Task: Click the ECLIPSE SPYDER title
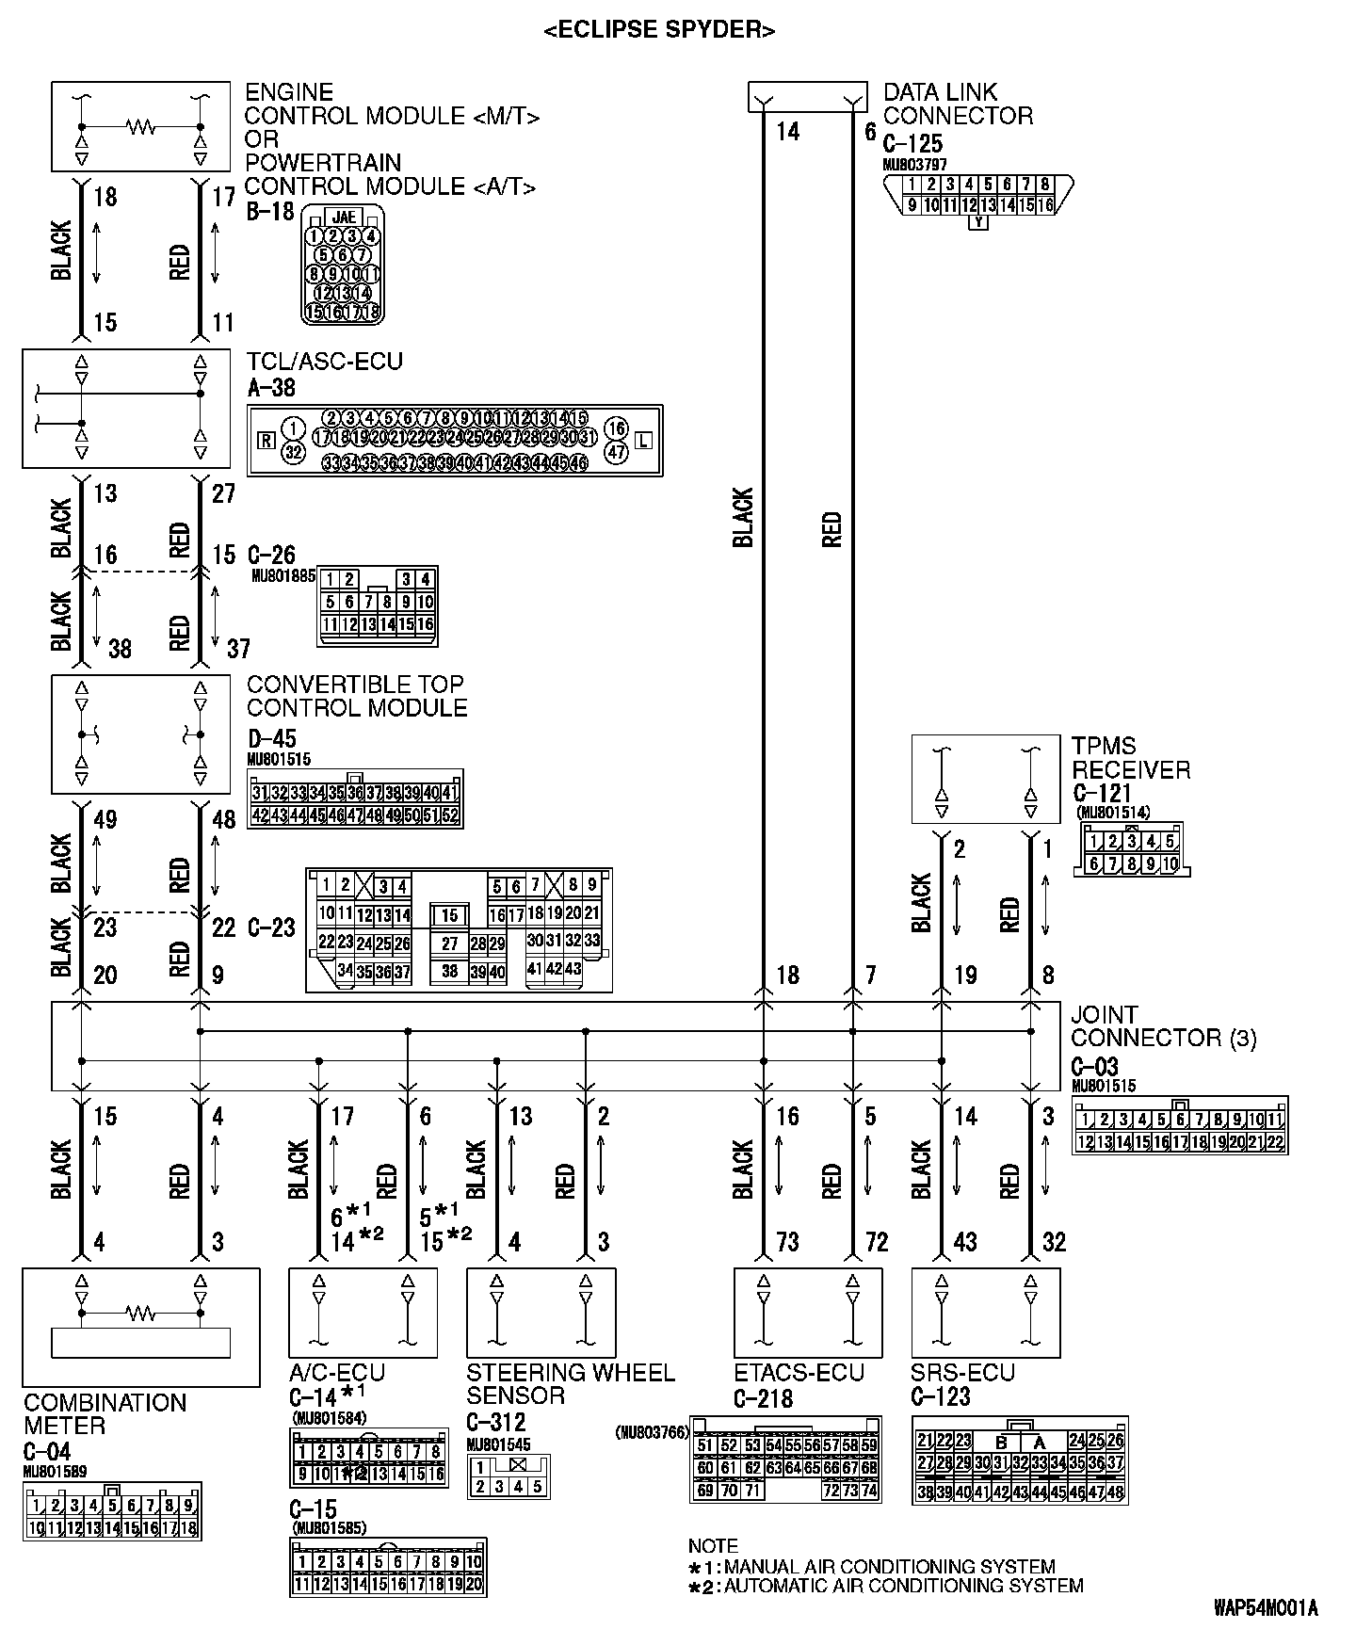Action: [x=659, y=30]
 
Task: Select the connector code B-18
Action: [x=270, y=211]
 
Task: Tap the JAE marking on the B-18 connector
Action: [x=344, y=217]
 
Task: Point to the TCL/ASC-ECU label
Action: [x=324, y=362]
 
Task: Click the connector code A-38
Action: [x=270, y=385]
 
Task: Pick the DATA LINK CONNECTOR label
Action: [x=957, y=105]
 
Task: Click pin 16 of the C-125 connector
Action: [x=1043, y=205]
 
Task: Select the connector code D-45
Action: [x=271, y=738]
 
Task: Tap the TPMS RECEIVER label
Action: [x=1130, y=758]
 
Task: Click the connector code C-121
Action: [x=1101, y=794]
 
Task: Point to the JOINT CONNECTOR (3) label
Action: [x=1163, y=1026]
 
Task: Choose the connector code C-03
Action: [x=1094, y=1067]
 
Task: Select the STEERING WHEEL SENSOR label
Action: [x=570, y=1384]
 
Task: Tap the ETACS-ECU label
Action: [x=799, y=1373]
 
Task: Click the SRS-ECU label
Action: [x=962, y=1373]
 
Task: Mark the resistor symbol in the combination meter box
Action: [x=141, y=1312]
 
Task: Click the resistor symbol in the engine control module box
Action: [x=141, y=126]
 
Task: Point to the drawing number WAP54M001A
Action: [x=1265, y=1606]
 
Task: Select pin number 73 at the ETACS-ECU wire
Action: [x=787, y=1243]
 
